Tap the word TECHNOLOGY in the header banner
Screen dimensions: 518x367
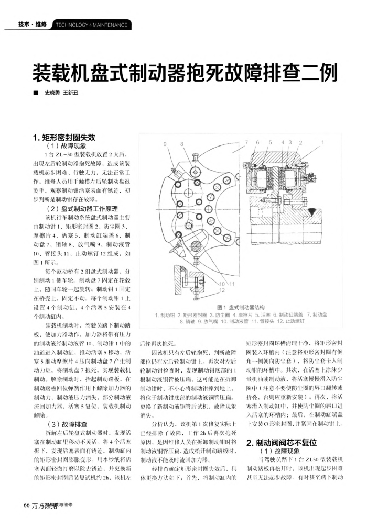(70, 25)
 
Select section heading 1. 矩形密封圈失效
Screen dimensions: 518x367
(63, 138)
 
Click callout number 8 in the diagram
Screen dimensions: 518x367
(182, 143)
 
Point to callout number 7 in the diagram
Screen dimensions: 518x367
(246, 142)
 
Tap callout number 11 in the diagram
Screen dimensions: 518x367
(231, 283)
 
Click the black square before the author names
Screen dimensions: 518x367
(34, 93)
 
